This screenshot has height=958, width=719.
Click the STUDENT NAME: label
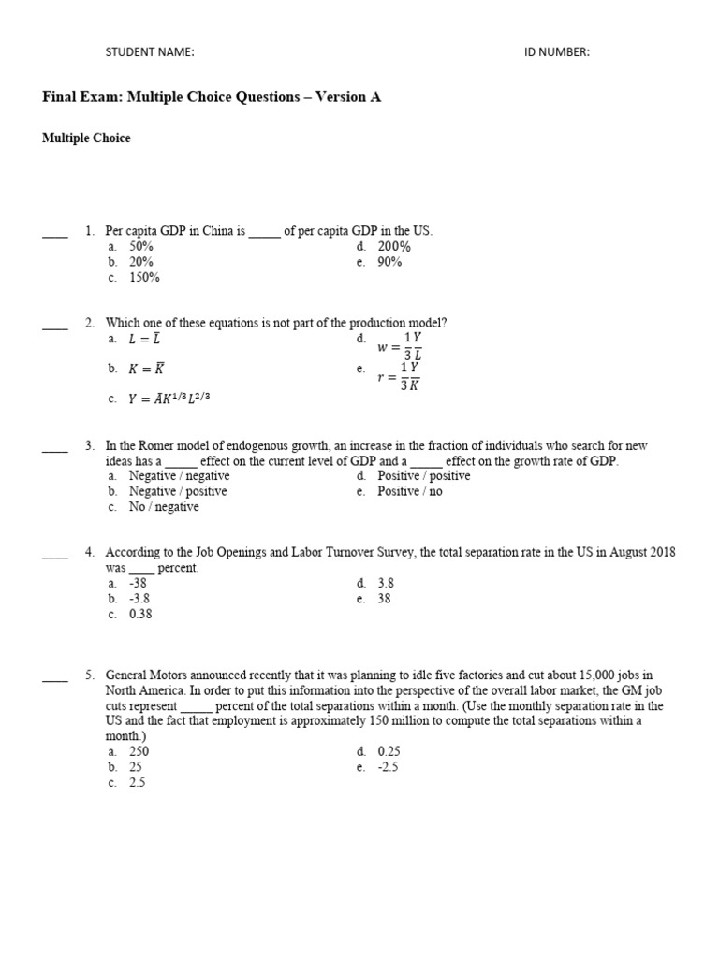point(150,52)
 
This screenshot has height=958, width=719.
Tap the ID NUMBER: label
point(557,52)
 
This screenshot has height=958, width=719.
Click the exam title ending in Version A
point(212,97)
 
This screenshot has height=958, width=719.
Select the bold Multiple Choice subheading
point(86,138)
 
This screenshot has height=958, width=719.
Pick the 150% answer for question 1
point(145,278)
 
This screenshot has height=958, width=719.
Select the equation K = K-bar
point(147,369)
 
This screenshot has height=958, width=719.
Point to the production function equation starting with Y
point(170,399)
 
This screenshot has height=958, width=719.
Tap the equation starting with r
point(399,377)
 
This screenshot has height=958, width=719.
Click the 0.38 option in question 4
point(140,615)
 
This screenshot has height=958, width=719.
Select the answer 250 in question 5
point(139,751)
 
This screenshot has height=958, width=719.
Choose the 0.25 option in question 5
point(389,751)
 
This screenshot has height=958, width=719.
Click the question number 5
point(90,675)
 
